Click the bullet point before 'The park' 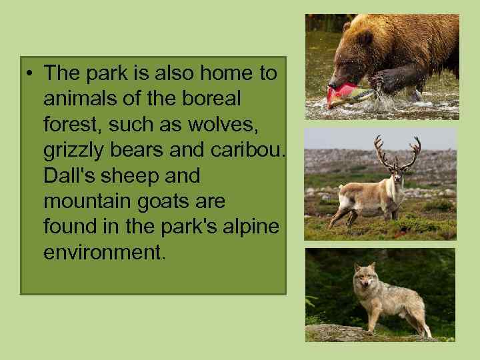coord(31,74)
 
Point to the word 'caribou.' coord(248,151)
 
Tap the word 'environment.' coord(103,253)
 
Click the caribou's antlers coord(397,150)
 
